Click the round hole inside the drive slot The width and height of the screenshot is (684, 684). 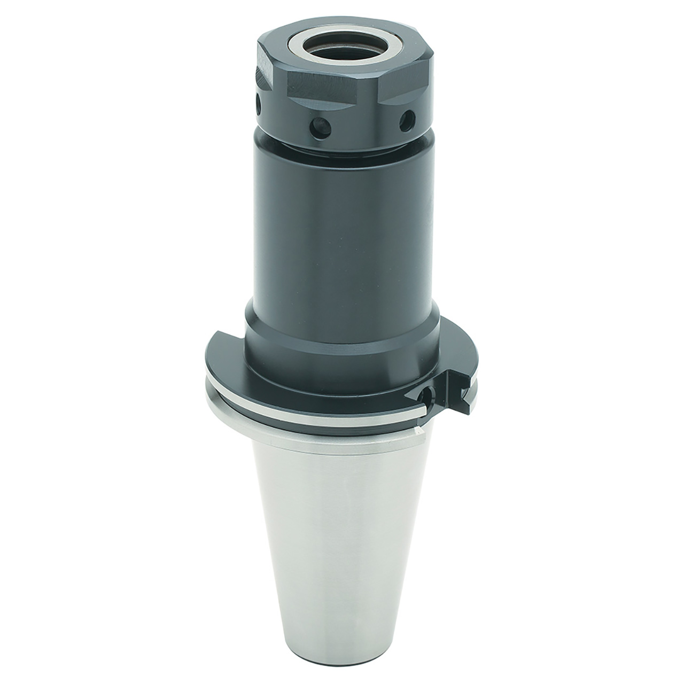point(425,396)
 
